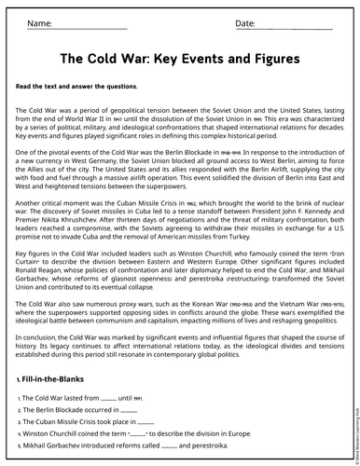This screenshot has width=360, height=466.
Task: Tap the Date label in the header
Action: [x=244, y=22]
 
